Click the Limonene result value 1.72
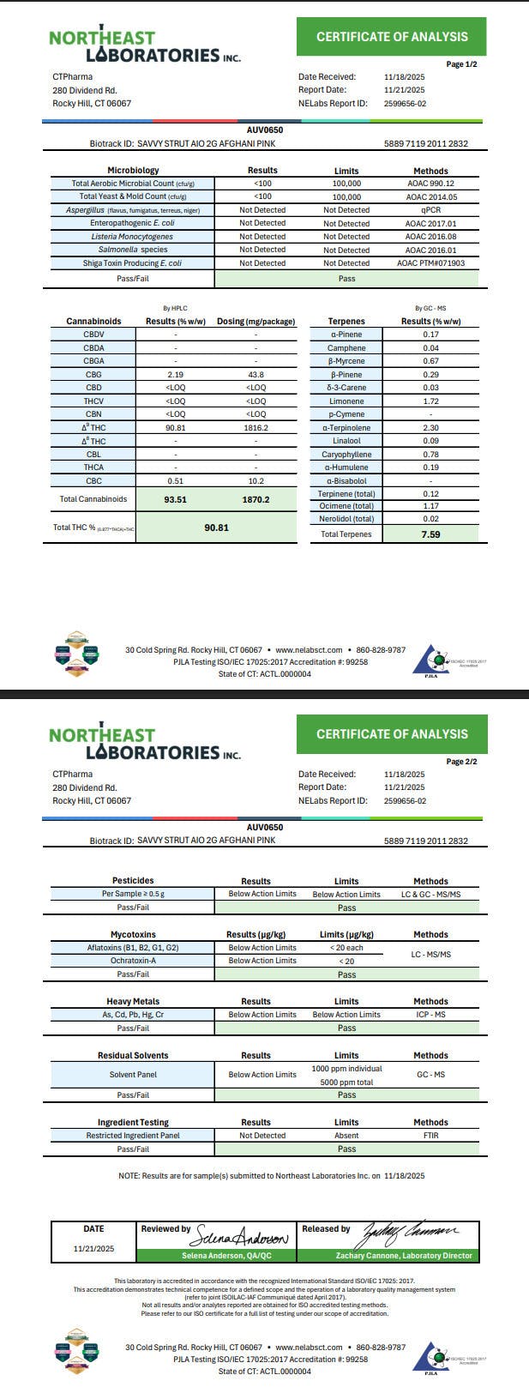pos(430,401)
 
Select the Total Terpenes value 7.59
pos(430,534)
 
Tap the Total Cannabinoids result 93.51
pos(175,499)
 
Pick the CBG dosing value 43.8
pos(255,374)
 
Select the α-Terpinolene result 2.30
pos(430,427)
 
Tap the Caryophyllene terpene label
pos(346,454)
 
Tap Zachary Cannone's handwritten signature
pos(411,1235)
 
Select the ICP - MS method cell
pos(430,1015)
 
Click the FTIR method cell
pos(430,1135)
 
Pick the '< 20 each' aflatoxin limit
pos(346,948)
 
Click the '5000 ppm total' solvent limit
pos(346,1082)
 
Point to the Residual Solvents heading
pos(132,1055)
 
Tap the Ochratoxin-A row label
pos(132,961)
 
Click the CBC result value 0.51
pos(175,481)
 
